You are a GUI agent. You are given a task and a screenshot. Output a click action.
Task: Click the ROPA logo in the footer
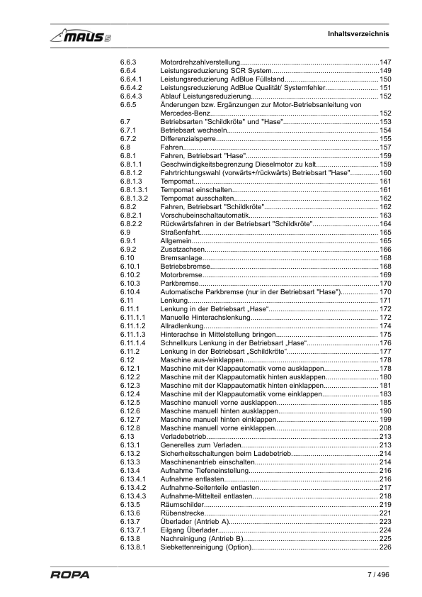(x=69, y=575)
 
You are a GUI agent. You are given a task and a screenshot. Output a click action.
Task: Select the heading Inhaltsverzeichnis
(x=358, y=34)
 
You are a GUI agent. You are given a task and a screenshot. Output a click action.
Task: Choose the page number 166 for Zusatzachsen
(x=385, y=249)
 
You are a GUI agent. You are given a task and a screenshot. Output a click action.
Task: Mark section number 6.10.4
(x=130, y=291)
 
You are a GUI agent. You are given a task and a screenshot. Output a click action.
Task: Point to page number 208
(x=385, y=428)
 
